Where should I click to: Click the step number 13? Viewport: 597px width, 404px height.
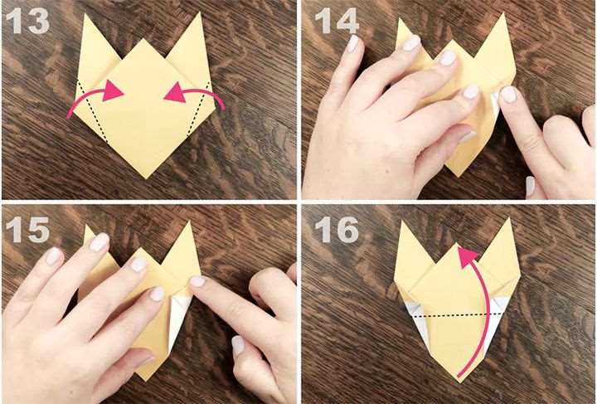point(28,22)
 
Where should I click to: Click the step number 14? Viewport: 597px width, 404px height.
point(337,22)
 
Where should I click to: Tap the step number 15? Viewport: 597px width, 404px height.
point(28,230)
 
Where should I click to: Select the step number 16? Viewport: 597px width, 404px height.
point(337,230)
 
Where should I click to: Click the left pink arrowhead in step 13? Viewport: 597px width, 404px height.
point(113,90)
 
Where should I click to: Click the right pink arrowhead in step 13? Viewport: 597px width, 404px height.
point(175,93)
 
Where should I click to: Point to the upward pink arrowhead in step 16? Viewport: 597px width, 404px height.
point(467,256)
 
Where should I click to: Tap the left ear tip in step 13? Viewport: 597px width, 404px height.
point(85,14)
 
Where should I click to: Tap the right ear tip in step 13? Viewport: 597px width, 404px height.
point(199,13)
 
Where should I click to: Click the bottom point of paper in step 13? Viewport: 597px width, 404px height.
point(146,178)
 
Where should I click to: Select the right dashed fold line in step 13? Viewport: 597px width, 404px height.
point(199,109)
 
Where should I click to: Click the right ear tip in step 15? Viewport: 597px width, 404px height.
point(188,223)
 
